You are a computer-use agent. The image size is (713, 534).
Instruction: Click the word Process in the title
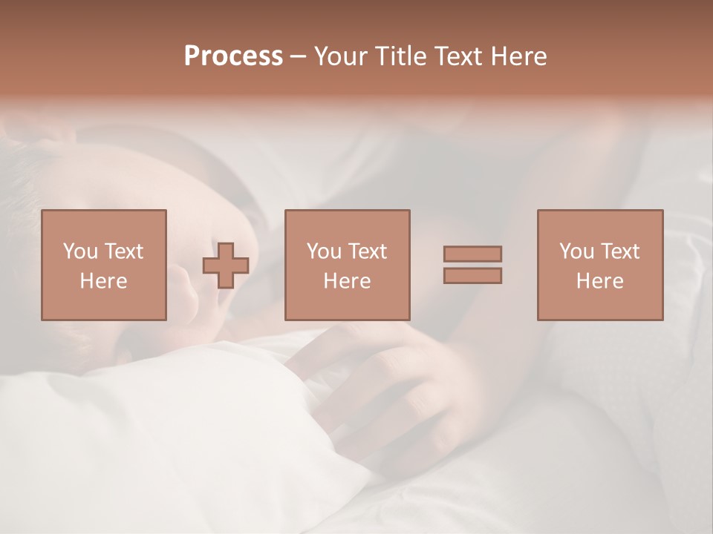click(233, 56)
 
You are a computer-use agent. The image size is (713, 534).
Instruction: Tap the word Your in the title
click(342, 56)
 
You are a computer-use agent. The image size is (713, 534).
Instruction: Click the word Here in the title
click(518, 56)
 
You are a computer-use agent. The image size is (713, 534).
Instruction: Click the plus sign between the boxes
click(226, 266)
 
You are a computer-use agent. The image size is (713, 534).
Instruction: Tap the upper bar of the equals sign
click(472, 254)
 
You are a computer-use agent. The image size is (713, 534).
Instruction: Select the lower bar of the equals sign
click(472, 276)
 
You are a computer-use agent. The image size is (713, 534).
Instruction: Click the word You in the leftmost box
click(80, 251)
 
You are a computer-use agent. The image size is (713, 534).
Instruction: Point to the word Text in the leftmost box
click(123, 251)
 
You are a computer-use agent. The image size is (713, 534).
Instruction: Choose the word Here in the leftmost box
click(103, 281)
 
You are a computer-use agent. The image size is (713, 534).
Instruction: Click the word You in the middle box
click(324, 251)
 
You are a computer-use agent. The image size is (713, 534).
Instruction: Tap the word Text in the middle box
click(367, 251)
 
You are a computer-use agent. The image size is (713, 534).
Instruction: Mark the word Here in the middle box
click(347, 281)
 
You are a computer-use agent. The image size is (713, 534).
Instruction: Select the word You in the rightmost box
click(576, 251)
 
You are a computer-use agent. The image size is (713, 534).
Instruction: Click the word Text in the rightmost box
click(619, 251)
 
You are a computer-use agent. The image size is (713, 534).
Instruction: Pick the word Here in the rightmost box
click(599, 281)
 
